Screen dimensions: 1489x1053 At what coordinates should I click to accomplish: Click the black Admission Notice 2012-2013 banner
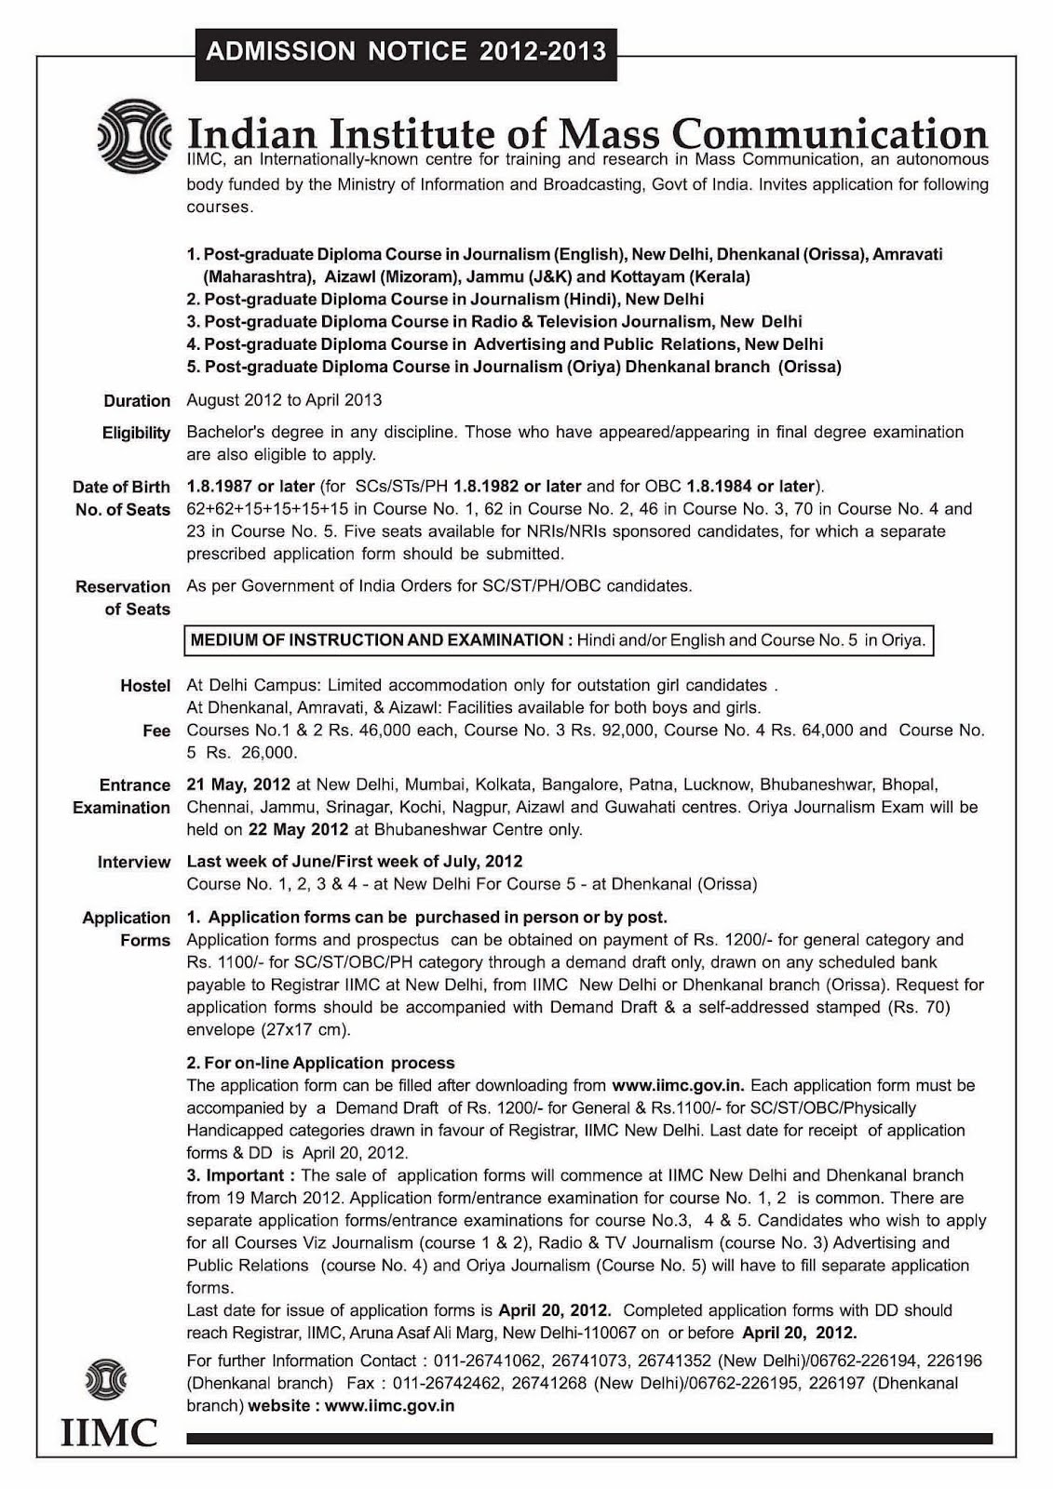[x=406, y=51]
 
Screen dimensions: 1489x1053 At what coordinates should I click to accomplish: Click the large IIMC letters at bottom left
[x=109, y=1433]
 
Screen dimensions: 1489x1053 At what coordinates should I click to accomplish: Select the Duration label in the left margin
[x=137, y=401]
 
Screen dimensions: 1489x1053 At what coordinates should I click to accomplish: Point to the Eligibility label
[x=136, y=433]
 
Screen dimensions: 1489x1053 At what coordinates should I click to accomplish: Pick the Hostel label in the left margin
[x=145, y=686]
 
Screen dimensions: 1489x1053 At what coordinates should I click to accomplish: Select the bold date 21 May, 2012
[x=238, y=785]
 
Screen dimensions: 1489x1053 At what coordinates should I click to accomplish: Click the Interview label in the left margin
[x=134, y=863]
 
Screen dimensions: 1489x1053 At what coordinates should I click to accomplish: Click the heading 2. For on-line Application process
[x=320, y=1063]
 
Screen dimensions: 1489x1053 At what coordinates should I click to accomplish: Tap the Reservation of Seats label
[x=123, y=598]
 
